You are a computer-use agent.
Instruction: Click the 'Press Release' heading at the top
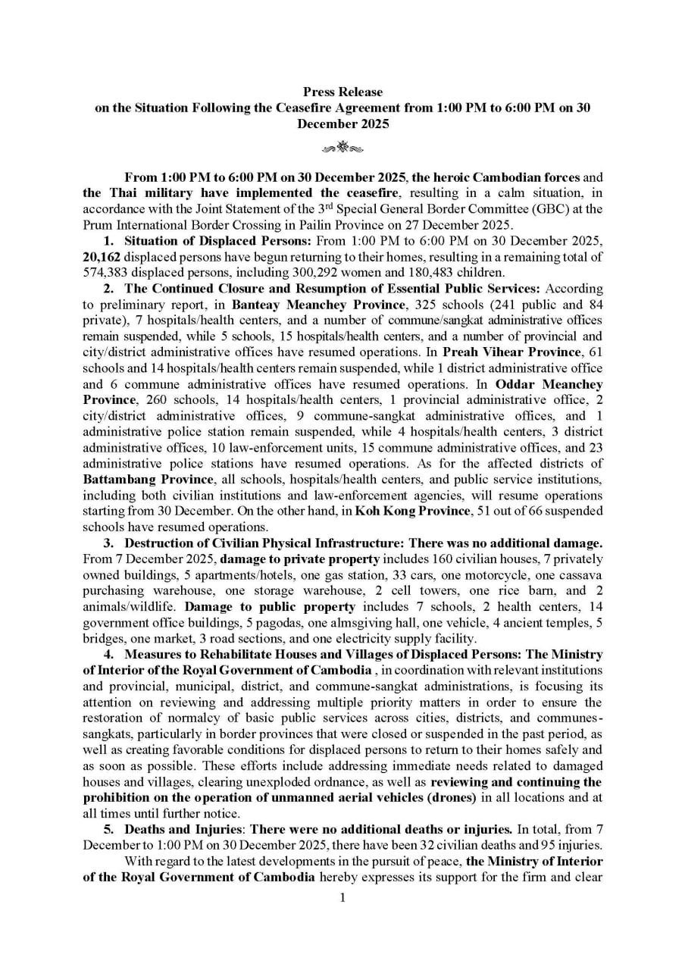pyautogui.click(x=342, y=92)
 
